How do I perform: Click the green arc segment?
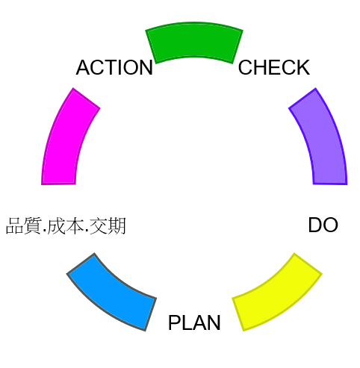tap(194, 42)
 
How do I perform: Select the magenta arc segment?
tap(66, 140)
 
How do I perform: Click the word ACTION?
tap(114, 67)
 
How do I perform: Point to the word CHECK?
tap(274, 67)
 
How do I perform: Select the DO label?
tap(323, 225)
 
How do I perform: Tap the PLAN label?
tap(194, 322)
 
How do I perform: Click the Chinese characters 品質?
tap(24, 225)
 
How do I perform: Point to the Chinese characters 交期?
tap(108, 225)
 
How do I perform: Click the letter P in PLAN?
tap(175, 322)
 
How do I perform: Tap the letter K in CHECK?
tap(303, 67)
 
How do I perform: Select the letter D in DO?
tap(315, 225)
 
